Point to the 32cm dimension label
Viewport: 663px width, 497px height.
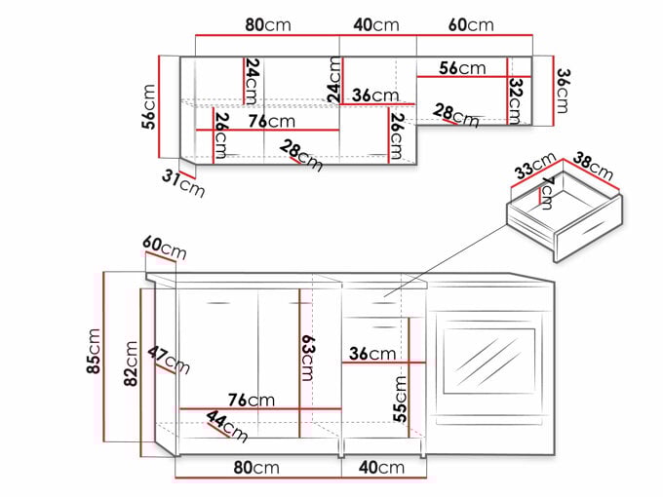[x=516, y=101]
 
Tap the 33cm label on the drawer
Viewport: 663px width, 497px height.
[x=535, y=166]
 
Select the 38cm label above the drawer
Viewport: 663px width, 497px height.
[x=593, y=166]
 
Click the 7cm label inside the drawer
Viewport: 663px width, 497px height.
[x=547, y=193]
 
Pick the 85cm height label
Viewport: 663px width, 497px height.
[x=94, y=351]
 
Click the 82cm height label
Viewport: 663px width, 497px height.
[x=131, y=363]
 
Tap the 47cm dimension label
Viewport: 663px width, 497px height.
[x=169, y=361]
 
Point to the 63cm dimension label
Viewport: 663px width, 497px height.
[x=307, y=358]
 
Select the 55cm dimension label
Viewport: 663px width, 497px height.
[x=400, y=399]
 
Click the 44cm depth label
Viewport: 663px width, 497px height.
[x=227, y=427]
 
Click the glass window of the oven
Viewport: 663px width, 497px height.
[x=489, y=361]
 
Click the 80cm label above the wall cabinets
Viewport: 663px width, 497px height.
[x=268, y=25]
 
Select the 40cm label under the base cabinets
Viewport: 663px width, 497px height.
[x=382, y=468]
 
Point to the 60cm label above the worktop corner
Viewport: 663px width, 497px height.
[x=165, y=248]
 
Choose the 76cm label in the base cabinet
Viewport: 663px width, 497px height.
[x=252, y=400]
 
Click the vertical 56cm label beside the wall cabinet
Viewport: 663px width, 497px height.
[x=149, y=106]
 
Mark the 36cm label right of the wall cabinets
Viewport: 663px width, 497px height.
[x=563, y=92]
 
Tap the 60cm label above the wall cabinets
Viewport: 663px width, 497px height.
[x=471, y=25]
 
